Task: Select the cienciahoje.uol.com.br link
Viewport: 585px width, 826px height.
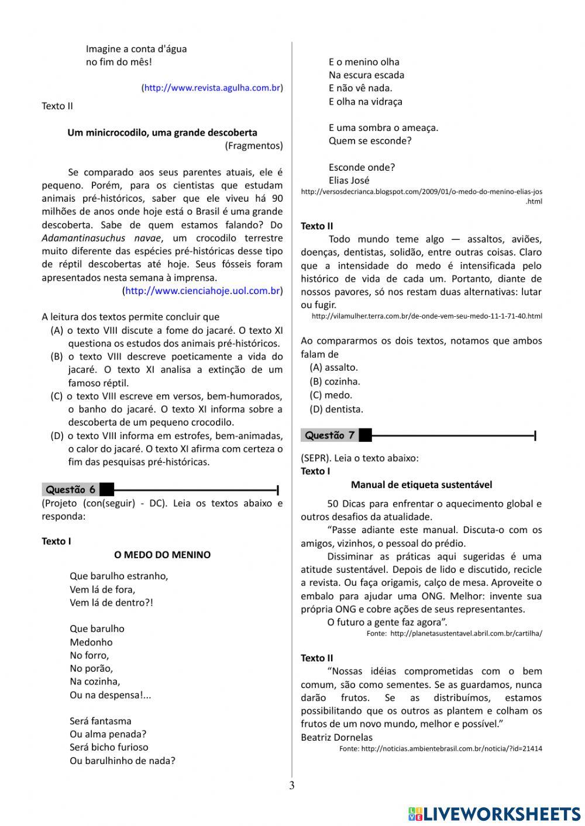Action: [x=202, y=291]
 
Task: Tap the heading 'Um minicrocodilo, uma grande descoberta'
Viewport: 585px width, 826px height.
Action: [x=162, y=132]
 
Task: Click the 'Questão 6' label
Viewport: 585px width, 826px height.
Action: [x=70, y=489]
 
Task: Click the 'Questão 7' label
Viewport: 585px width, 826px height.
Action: [x=329, y=435]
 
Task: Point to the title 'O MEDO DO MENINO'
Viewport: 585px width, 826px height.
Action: [x=162, y=554]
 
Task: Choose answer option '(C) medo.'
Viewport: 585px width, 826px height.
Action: [x=331, y=395]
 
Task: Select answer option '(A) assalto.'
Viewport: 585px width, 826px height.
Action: [x=333, y=367]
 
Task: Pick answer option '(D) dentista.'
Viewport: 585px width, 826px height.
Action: [x=336, y=409]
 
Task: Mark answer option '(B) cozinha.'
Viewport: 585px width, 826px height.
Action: [x=335, y=381]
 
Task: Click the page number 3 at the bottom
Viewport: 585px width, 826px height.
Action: [x=292, y=785]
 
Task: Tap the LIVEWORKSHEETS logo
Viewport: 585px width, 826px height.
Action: [x=494, y=813]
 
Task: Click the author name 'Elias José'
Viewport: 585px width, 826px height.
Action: [x=349, y=180]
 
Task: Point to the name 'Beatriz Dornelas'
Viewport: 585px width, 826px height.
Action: [x=336, y=737]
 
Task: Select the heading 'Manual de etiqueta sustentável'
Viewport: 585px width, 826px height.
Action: [x=421, y=484]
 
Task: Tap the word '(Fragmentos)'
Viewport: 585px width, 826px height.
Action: [x=253, y=146]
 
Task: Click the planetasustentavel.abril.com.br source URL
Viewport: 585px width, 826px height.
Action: [x=466, y=633]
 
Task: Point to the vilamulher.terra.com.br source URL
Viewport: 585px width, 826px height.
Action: [x=426, y=316]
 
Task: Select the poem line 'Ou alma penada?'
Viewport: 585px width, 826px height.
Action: [x=108, y=734]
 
